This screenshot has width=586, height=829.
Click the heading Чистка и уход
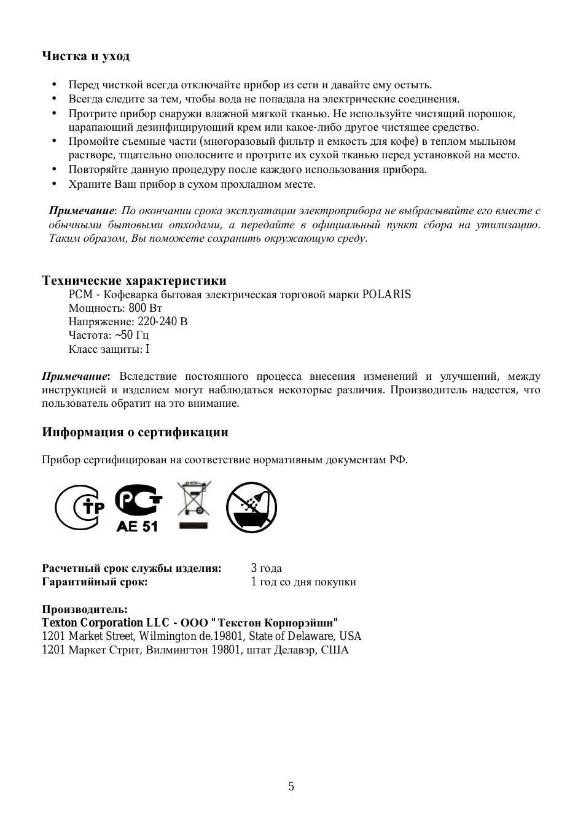[x=85, y=56]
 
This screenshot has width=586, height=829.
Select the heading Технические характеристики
[x=134, y=281]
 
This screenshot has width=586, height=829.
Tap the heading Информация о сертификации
[x=135, y=433]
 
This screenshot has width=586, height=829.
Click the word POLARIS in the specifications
[x=386, y=295]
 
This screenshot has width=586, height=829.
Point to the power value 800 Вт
[x=146, y=308]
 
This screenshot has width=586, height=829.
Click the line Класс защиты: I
[x=109, y=349]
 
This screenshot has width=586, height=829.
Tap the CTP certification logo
[x=80, y=507]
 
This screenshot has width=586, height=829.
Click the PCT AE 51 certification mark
[x=138, y=507]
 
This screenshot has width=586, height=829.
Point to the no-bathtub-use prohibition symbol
[x=251, y=507]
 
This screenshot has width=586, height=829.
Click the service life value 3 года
[x=266, y=568]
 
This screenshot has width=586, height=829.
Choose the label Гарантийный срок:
[x=95, y=582]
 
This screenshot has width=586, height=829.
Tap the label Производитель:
[x=85, y=609]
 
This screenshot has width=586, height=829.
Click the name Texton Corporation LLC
[x=105, y=623]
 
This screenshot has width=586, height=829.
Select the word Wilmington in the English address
[x=168, y=636]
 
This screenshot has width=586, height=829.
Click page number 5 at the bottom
[x=291, y=787]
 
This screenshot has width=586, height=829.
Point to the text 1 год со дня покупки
[x=303, y=582]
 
